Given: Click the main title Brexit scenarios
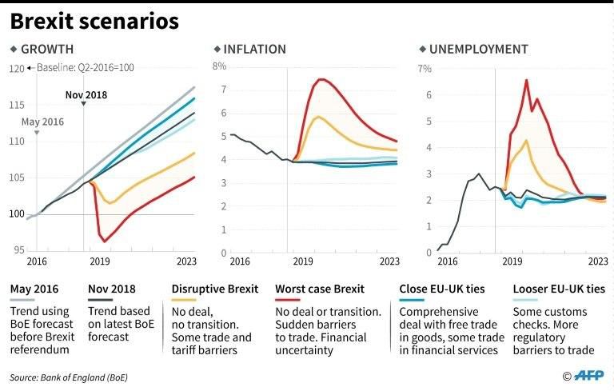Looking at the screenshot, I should point(94,21).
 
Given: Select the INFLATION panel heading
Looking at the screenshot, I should point(254,50).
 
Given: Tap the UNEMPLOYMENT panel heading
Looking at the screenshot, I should point(478,50).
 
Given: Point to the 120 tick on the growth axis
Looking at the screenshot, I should point(16,69).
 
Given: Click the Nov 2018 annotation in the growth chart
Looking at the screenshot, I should point(86,95).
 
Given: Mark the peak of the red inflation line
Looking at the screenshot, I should point(321,79).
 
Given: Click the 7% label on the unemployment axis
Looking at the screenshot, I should point(425,68).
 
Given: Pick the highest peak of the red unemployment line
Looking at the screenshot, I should point(527,80).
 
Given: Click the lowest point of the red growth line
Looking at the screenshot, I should point(105,241).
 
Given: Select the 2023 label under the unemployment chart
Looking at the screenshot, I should point(597,261).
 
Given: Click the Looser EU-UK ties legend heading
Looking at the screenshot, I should point(558,289).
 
